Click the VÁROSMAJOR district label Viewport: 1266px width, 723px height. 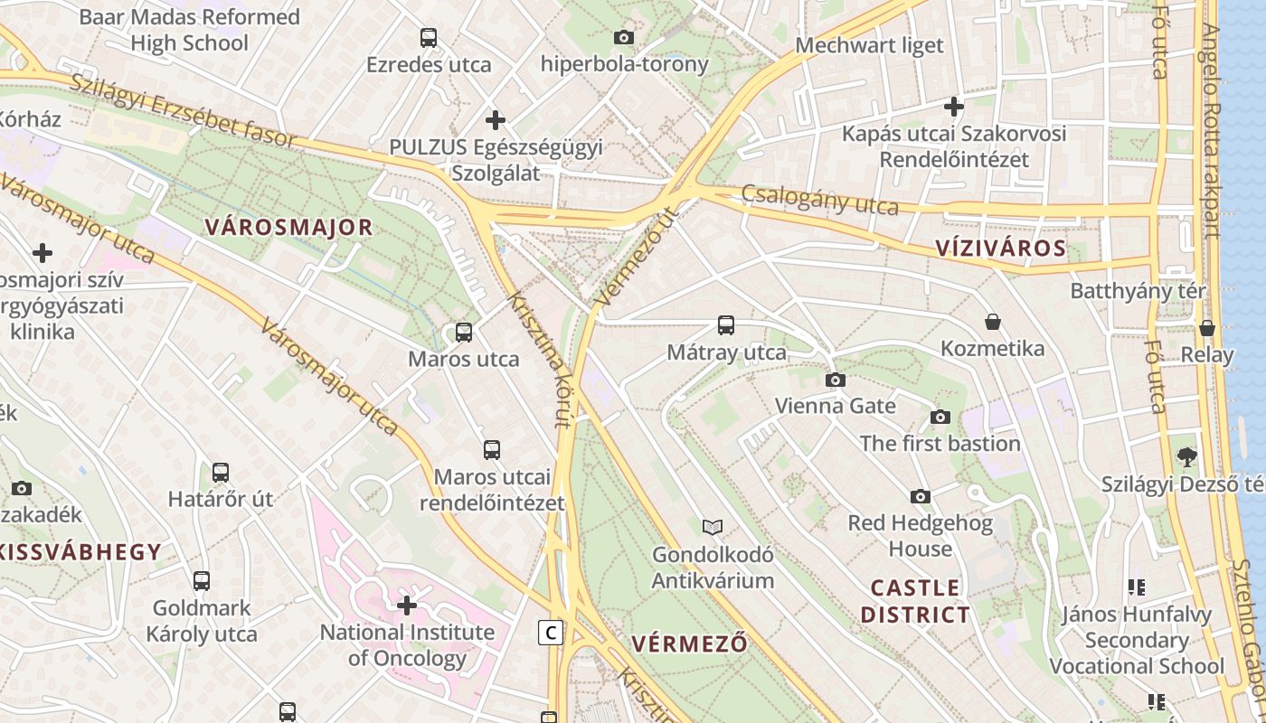tap(288, 227)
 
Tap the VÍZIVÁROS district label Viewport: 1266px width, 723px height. tap(1000, 249)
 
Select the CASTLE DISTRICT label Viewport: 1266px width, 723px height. tap(915, 601)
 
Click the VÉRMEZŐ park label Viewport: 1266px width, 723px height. tap(690, 643)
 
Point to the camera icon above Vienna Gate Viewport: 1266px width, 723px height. tap(836, 380)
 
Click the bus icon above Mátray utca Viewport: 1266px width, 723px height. tap(725, 325)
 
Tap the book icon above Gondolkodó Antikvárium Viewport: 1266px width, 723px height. tap(713, 527)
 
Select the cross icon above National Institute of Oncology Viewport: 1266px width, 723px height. tap(407, 605)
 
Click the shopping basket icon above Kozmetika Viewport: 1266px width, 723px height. tap(992, 322)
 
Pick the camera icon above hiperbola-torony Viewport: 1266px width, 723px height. tap(623, 38)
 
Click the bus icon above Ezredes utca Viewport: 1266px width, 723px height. tap(429, 38)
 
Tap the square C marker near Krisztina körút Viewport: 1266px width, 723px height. tap(550, 633)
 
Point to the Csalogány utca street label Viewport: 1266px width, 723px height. tap(820, 200)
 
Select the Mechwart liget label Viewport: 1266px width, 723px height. tap(869, 45)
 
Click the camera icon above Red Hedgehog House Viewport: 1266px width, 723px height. tap(921, 496)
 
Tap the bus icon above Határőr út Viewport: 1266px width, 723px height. tap(220, 472)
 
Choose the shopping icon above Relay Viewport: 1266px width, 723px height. tap(1206, 328)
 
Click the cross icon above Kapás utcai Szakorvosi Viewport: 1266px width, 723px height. tap(953, 108)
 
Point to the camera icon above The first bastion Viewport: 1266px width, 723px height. tap(940, 417)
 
